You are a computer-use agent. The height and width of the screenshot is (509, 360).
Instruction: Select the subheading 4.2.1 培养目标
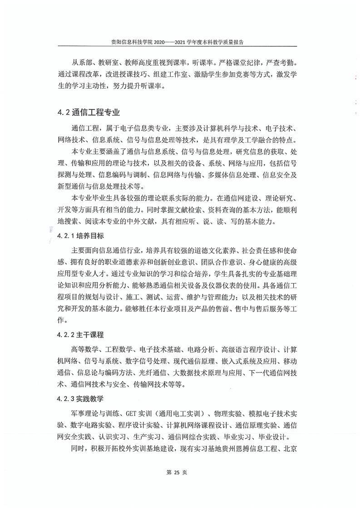pos(81,236)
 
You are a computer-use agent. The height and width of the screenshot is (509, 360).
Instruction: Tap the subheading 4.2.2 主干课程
pos(81,335)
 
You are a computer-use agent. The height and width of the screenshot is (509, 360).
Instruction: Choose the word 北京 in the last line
pos(291,450)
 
